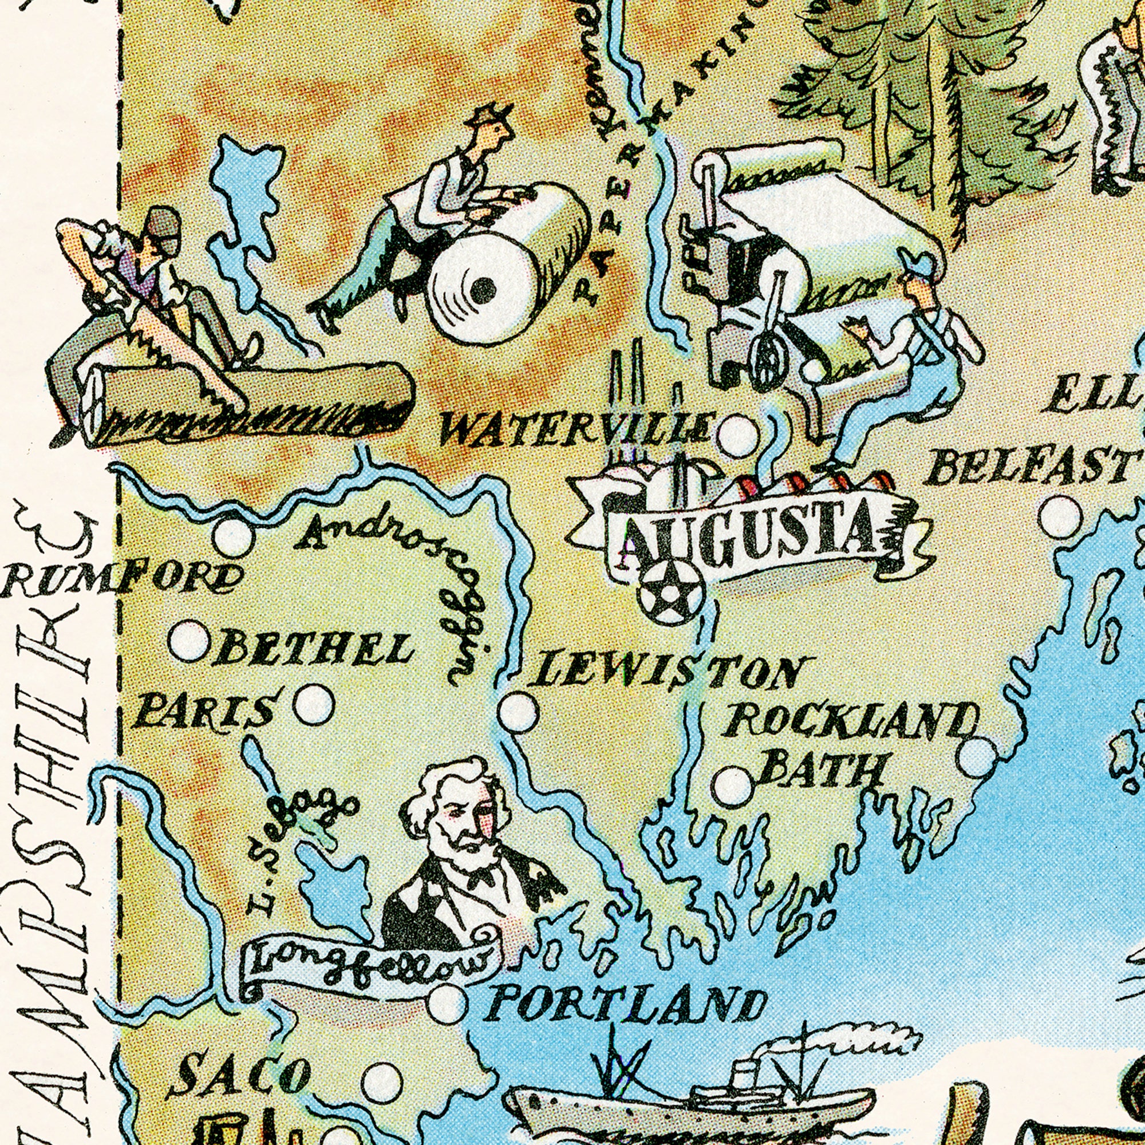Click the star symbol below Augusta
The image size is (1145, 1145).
click(x=669, y=593)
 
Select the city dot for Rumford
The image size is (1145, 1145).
click(x=233, y=537)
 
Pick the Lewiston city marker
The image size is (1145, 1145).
click(x=518, y=712)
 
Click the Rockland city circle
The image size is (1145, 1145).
click(x=978, y=756)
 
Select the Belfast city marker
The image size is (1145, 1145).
click(x=1060, y=516)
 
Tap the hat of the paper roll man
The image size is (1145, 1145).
click(x=489, y=113)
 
